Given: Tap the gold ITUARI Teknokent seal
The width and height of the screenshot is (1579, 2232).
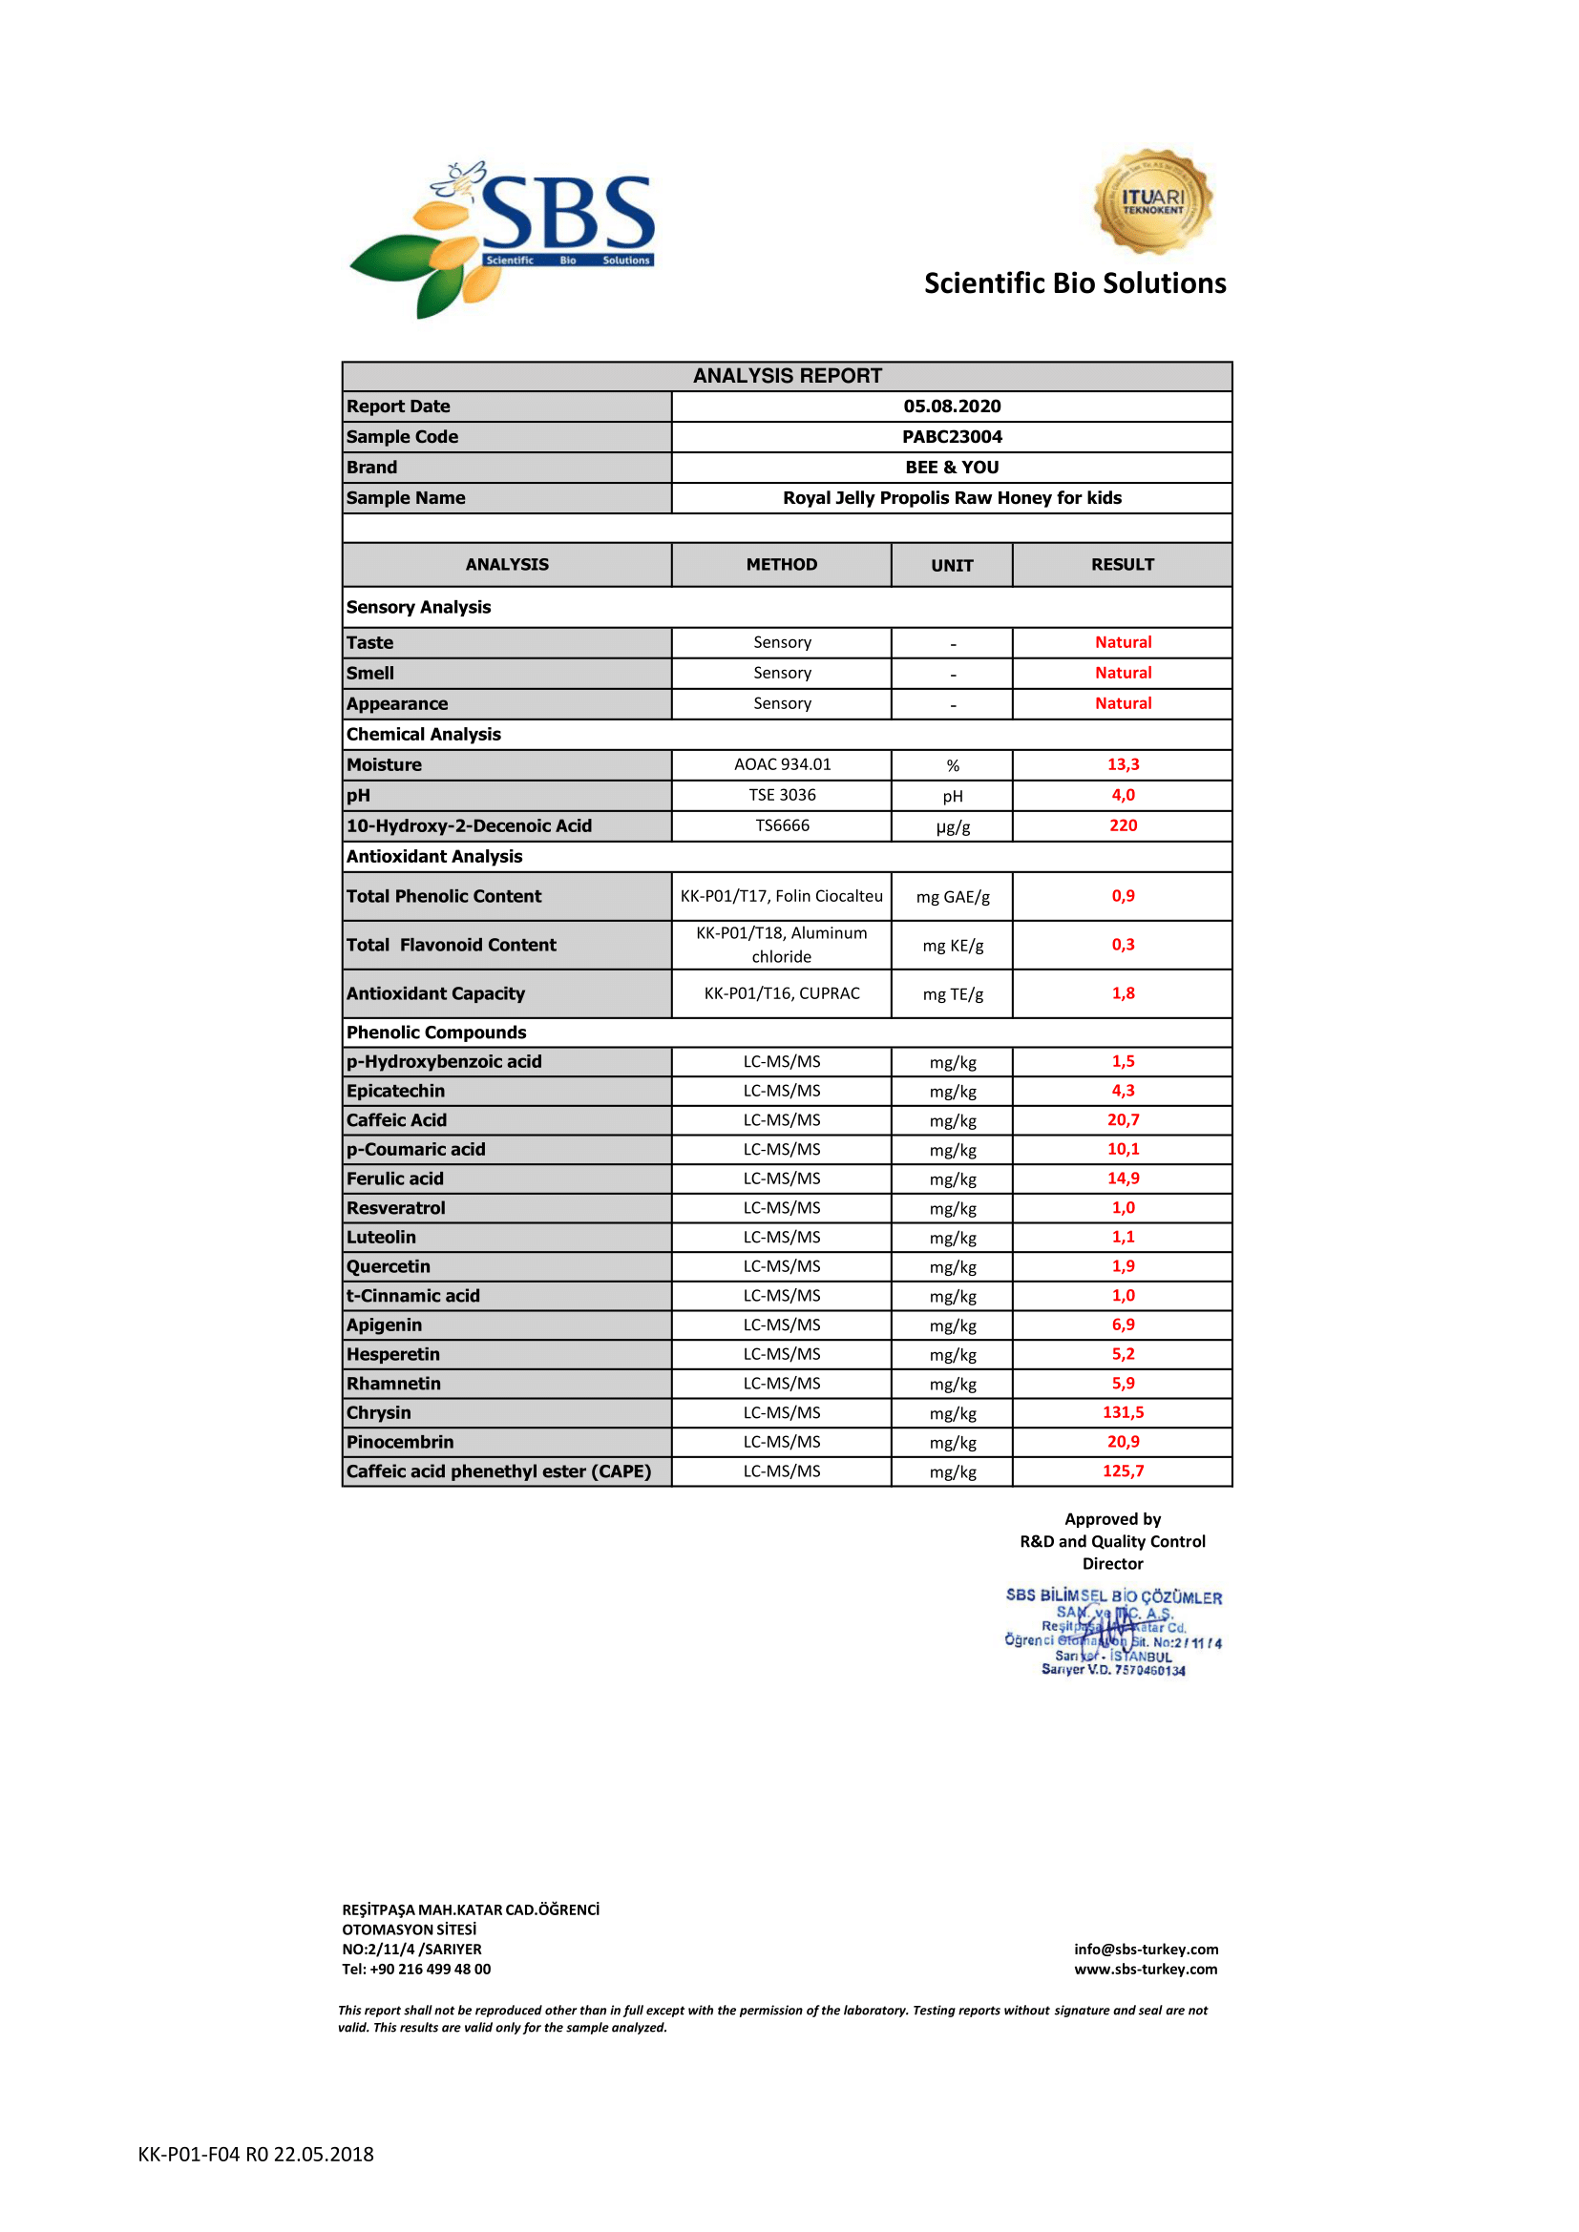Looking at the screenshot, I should [x=1152, y=202].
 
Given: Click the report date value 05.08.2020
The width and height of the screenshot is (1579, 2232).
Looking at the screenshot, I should [x=951, y=407].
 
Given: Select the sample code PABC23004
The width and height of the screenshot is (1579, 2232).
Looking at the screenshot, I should [x=951, y=436].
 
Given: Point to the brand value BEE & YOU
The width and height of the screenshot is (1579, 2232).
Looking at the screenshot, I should [x=951, y=468].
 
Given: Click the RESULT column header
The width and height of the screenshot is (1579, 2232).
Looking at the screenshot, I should [x=1122, y=565].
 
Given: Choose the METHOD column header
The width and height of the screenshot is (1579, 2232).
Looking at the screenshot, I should [x=781, y=565].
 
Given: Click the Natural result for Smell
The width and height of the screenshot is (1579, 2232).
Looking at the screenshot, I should [x=1122, y=673].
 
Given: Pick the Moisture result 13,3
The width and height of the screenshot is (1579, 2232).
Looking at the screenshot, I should [x=1122, y=764].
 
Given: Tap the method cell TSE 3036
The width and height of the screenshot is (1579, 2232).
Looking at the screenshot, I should [x=782, y=795].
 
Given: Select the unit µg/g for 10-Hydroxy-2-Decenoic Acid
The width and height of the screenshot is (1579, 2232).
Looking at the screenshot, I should [x=952, y=826].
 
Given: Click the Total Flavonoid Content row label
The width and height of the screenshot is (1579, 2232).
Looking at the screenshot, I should [x=452, y=945].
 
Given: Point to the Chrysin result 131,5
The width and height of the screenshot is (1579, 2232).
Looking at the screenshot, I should [x=1122, y=1412].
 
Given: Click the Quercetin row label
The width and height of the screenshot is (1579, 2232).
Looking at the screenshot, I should [x=388, y=1266].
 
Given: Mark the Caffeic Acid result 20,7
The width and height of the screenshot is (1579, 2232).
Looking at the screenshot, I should [x=1122, y=1120].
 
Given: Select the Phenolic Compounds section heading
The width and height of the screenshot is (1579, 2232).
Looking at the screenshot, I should [x=435, y=1033].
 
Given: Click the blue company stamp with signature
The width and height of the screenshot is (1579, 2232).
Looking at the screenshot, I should [x=1113, y=1633].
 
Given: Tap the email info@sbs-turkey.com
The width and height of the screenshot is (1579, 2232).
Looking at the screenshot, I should [x=1146, y=1950].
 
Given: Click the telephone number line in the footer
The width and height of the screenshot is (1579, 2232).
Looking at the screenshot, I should [x=416, y=1970].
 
